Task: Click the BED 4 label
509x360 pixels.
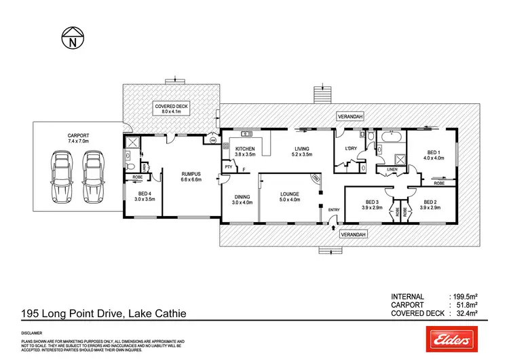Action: (x=145, y=196)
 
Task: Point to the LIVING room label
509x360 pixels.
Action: (x=303, y=151)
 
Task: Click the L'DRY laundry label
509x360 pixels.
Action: (x=351, y=149)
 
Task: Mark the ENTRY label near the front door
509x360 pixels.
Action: (x=333, y=210)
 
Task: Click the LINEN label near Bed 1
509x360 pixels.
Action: (x=392, y=170)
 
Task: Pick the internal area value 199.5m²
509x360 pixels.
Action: (x=466, y=297)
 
